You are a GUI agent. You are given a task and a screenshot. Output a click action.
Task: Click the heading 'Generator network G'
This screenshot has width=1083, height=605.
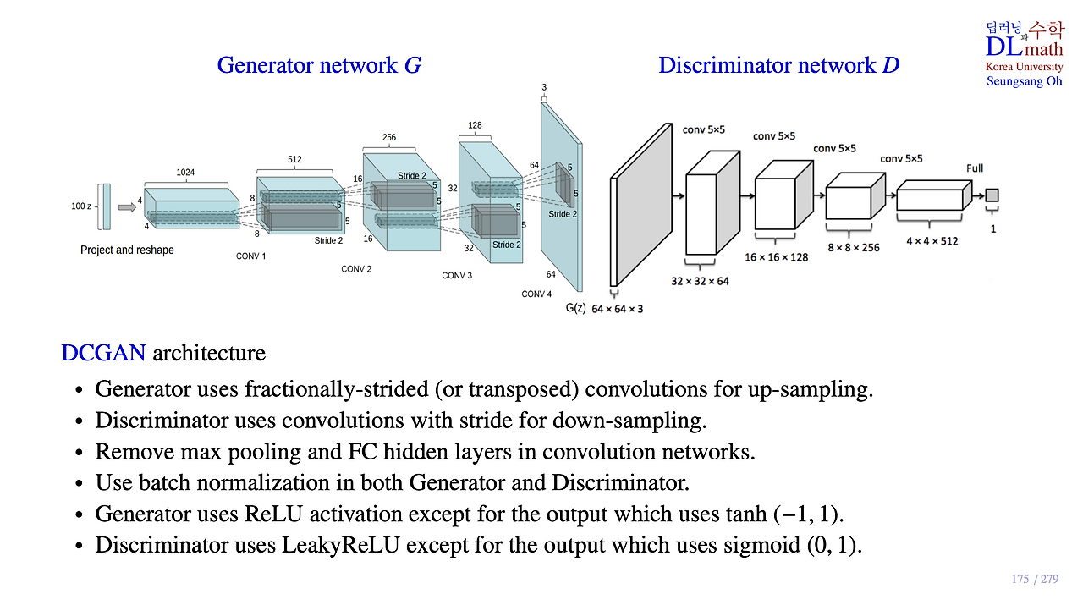coord(319,65)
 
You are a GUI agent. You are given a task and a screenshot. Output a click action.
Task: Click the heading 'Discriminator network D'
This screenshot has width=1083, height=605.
coord(778,65)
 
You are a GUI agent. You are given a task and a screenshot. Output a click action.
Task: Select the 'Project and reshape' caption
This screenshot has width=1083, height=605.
coord(127,250)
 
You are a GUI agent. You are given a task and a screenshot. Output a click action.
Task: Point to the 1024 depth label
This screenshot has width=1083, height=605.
coord(184,173)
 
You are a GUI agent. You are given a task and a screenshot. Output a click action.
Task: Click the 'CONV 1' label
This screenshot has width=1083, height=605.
coord(250,256)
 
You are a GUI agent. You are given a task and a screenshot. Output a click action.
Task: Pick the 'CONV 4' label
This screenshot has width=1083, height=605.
coord(536,294)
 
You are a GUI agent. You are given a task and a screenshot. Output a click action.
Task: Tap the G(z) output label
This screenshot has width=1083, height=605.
coord(575,308)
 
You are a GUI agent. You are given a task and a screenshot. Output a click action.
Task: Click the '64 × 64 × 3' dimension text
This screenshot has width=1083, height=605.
coord(618,309)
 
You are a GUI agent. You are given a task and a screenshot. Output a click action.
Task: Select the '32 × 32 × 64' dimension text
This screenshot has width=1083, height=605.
coord(700,281)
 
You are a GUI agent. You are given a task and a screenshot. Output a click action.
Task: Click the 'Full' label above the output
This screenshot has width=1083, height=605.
coord(975,168)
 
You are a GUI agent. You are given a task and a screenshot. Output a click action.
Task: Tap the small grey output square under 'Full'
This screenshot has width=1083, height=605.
coord(992,195)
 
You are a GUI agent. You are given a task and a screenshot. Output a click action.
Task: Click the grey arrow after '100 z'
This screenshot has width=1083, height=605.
coord(126,206)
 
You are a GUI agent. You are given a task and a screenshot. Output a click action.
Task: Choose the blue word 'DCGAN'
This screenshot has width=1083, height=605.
coord(103,353)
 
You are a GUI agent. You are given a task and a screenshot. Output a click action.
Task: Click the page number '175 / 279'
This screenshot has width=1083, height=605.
coord(1035,580)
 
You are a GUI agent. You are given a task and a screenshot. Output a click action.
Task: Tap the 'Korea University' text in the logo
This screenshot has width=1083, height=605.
coord(1024,67)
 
